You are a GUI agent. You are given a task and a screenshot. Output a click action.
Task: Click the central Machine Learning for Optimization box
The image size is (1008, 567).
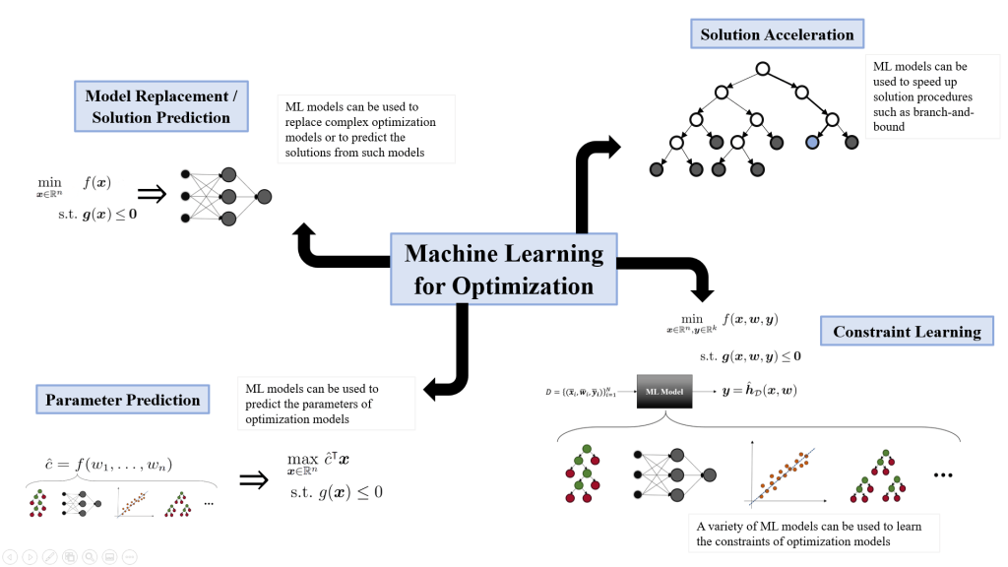(x=504, y=270)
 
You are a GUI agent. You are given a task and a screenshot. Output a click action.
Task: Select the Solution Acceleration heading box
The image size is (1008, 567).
(x=777, y=34)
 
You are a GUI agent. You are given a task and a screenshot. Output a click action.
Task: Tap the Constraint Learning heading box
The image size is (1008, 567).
(x=907, y=332)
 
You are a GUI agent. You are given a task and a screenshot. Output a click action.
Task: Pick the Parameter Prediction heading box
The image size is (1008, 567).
(x=123, y=400)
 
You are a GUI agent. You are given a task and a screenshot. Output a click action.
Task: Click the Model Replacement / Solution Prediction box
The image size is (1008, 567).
(x=159, y=106)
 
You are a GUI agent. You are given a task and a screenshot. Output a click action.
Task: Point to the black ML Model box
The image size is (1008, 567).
(x=665, y=391)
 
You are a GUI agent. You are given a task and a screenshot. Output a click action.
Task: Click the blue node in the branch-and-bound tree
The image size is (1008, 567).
(x=812, y=143)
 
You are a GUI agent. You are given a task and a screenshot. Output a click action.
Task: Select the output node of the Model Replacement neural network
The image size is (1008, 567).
(x=263, y=197)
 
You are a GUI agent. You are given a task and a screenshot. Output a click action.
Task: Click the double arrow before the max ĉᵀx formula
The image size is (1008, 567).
(x=254, y=479)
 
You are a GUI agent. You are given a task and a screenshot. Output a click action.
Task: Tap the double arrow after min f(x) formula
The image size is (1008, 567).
(x=157, y=194)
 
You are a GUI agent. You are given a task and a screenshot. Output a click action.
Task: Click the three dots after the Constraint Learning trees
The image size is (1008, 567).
(x=943, y=475)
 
